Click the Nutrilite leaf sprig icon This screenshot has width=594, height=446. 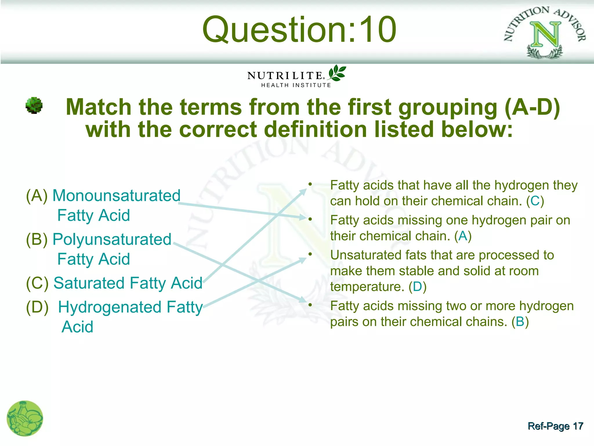coord(337,73)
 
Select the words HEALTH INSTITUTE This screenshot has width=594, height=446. coord(296,85)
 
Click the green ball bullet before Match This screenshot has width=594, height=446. coord(34,105)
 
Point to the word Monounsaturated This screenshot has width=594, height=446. coord(116,195)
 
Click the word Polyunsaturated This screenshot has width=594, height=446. coord(112,239)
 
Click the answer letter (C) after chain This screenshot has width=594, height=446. coord(535,201)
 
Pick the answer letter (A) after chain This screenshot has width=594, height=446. coord(463,236)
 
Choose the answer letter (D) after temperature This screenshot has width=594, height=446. coord(417,287)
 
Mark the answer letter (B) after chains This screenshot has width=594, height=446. coord(520,322)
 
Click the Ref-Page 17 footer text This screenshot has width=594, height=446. coord(555,426)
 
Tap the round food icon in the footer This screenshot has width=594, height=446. coord(25,418)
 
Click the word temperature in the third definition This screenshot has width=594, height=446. coord(367,287)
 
